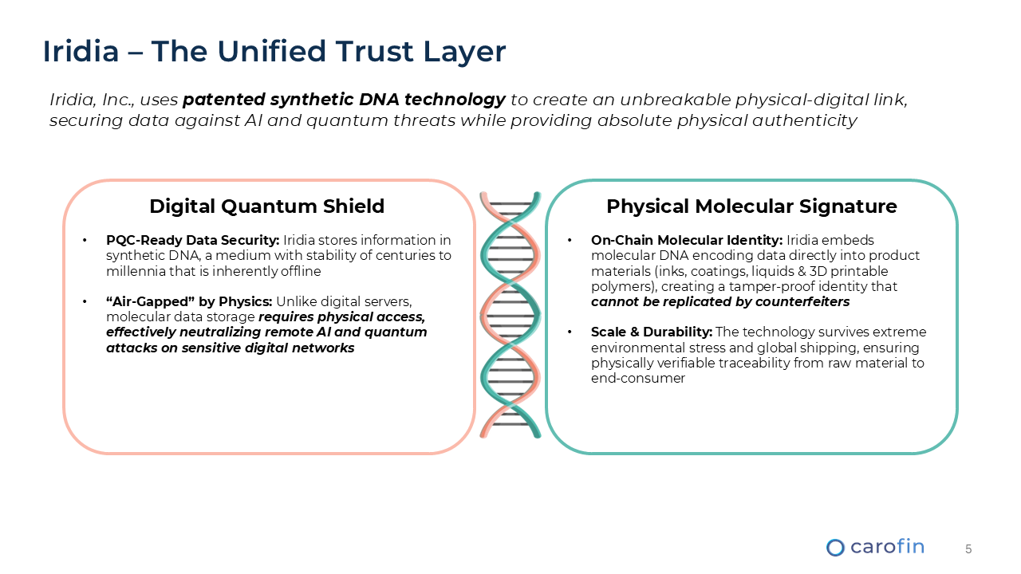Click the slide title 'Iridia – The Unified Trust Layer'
tap(274, 51)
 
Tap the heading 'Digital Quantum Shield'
tap(266, 206)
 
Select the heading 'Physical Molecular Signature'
tap(751, 206)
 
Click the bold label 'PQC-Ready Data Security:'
tap(192, 240)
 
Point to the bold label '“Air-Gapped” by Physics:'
tap(189, 301)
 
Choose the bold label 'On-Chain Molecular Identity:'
tap(687, 240)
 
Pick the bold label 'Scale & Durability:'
tap(652, 332)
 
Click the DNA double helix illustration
tap(510, 315)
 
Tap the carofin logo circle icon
tap(835, 548)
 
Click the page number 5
tap(968, 549)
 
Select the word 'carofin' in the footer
tap(887, 546)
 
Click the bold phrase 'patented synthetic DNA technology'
tap(344, 100)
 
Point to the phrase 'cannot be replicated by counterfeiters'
tap(720, 301)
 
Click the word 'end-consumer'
tap(638, 378)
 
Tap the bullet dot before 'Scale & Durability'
tap(570, 332)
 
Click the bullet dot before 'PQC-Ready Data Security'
tap(85, 240)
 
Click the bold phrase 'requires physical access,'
tap(342, 317)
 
